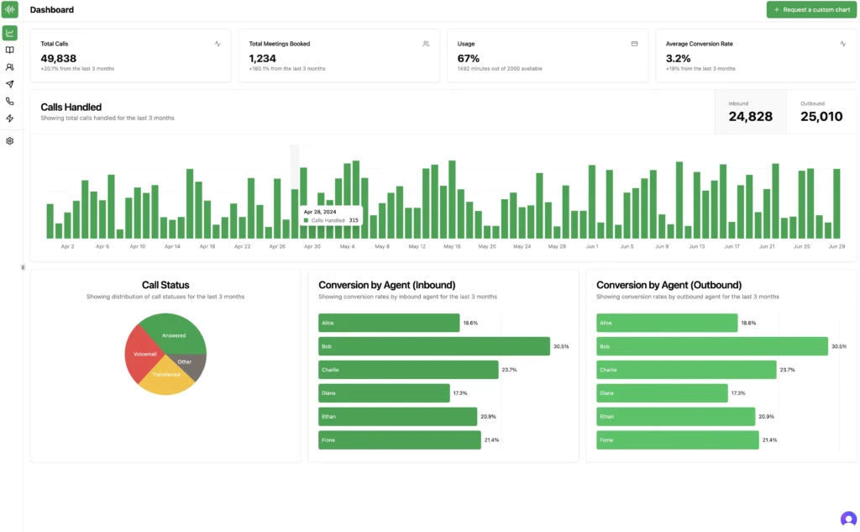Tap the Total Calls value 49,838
click(59, 59)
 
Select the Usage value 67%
click(469, 59)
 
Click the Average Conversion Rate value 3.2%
click(678, 59)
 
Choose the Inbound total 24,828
click(750, 117)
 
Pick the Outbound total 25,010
click(821, 117)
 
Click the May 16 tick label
click(452, 247)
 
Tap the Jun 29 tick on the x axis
click(836, 247)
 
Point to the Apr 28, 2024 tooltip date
click(319, 212)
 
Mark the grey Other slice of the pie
click(191, 362)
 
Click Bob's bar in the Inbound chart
click(433, 346)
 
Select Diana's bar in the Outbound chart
click(662, 392)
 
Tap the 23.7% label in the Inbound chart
click(510, 370)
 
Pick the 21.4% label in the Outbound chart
click(768, 440)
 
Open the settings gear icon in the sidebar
click(10, 141)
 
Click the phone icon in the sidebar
click(10, 101)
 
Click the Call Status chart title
click(165, 285)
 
